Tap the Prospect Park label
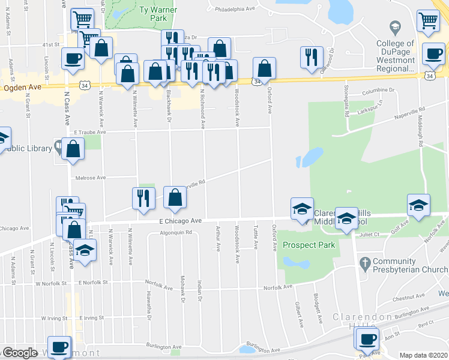click(309, 245)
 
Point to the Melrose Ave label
click(90, 178)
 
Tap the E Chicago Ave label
click(181, 221)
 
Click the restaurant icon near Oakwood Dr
click(310, 57)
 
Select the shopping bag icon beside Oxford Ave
click(264, 68)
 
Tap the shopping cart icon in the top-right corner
click(428, 20)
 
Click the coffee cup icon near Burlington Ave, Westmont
click(59, 347)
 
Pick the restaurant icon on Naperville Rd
click(143, 198)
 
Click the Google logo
click(20, 353)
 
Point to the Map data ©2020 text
click(423, 355)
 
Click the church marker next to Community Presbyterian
click(364, 263)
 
